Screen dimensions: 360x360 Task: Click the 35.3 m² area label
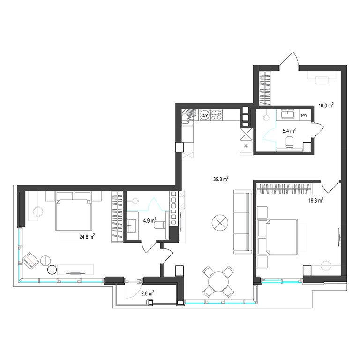[x=221, y=179]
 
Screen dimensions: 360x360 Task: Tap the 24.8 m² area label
[x=87, y=236]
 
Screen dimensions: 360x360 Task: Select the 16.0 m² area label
[x=326, y=105]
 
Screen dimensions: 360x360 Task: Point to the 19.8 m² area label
[x=316, y=200]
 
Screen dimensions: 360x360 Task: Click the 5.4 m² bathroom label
[x=289, y=131]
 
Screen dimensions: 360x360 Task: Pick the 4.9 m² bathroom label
[x=150, y=220]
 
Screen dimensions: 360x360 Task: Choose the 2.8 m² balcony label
[x=147, y=293]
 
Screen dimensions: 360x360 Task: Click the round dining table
[x=218, y=281]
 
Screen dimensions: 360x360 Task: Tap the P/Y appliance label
[x=304, y=116]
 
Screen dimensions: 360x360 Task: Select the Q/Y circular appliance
[x=204, y=115]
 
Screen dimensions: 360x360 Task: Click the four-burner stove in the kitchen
[x=217, y=115]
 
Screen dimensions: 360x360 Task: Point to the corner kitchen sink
[x=190, y=116]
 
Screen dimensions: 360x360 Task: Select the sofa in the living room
[x=243, y=222]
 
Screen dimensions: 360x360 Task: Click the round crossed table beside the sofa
[x=220, y=223]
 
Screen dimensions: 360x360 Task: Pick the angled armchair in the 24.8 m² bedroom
[x=31, y=261]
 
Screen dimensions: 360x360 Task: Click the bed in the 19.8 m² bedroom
[x=277, y=237]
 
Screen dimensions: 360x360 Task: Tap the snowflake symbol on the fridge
[x=246, y=146]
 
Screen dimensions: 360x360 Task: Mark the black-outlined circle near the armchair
[x=52, y=270]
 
